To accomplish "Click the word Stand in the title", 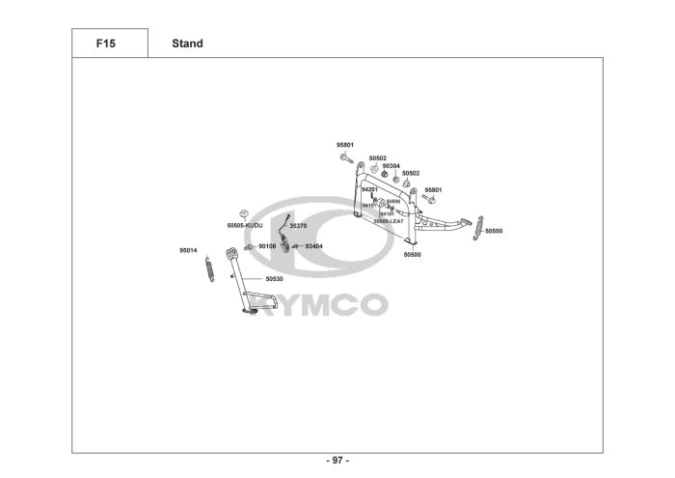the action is [x=187, y=43].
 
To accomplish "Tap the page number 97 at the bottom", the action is [x=337, y=461].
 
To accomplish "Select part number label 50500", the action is [x=412, y=255].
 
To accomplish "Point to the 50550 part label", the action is [x=494, y=232].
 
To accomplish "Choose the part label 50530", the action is [x=275, y=278].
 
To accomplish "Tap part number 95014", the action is [x=188, y=250].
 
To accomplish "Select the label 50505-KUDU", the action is [x=245, y=225].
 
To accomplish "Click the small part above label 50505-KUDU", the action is [x=245, y=212].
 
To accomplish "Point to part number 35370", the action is [x=298, y=225].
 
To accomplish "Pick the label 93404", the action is [x=313, y=246].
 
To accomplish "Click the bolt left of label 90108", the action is [x=249, y=247].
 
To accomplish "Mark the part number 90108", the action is [x=267, y=246].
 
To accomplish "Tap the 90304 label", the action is [x=391, y=165].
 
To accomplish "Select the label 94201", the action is [x=369, y=189].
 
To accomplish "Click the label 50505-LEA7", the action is [x=390, y=221].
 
